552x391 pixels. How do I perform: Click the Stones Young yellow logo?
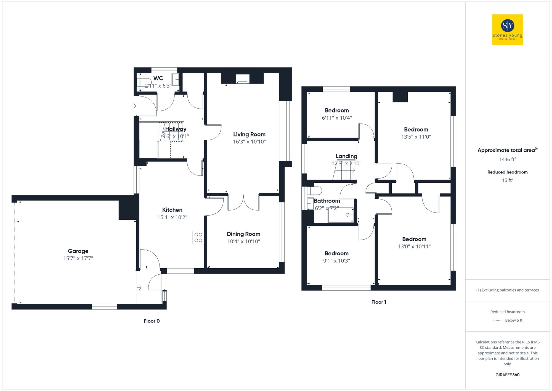507,30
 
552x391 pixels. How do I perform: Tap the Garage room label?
78,251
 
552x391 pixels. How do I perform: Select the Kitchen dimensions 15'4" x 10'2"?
172,217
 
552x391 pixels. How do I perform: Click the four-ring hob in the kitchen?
198,237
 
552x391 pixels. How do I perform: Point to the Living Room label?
249,135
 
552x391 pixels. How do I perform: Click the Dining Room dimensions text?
243,242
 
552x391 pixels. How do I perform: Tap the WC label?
158,78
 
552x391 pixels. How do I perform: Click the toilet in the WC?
145,82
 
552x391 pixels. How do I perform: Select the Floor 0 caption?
152,321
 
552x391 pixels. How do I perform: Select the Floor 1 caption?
379,302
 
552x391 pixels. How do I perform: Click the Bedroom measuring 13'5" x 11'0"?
416,130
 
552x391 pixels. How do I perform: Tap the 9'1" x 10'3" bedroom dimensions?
336,261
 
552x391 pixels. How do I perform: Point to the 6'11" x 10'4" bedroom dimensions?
337,118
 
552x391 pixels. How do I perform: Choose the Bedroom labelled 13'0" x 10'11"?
414,239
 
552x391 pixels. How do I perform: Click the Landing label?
346,156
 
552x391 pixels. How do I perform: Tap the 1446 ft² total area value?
507,159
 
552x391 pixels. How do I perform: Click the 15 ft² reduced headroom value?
507,180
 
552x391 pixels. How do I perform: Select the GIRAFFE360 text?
507,375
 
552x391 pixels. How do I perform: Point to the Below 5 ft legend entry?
513,321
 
